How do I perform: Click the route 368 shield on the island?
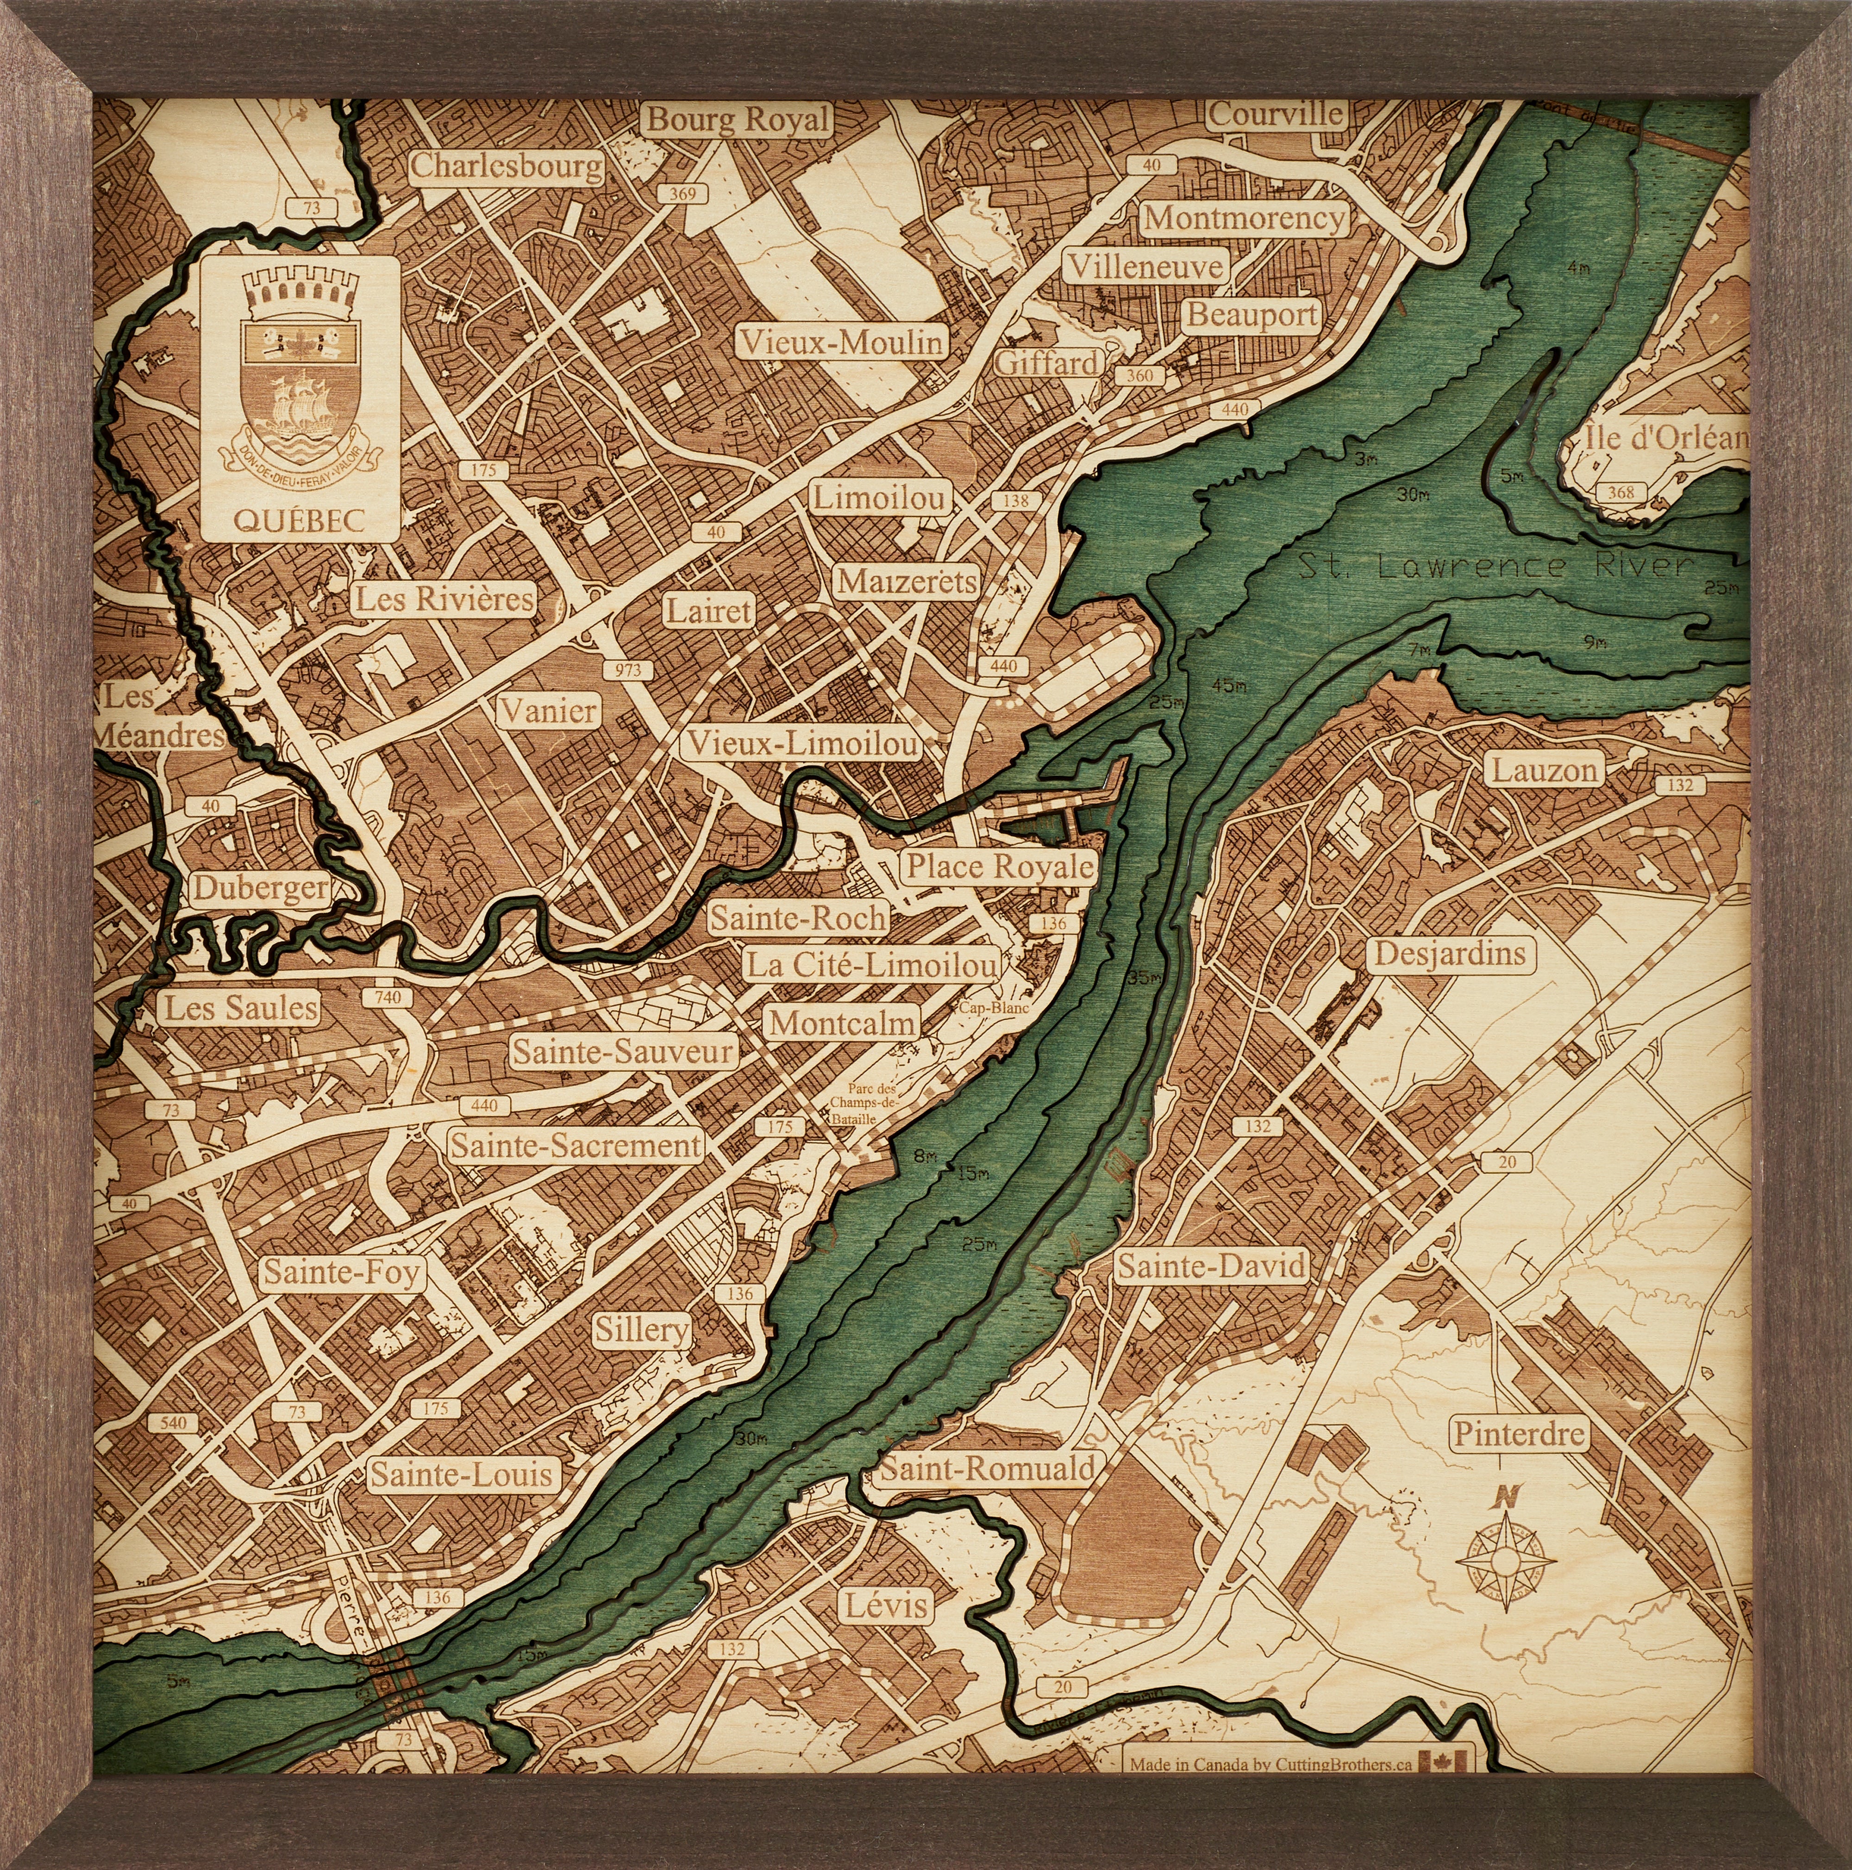(x=1620, y=492)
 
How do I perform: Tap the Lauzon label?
(x=1543, y=771)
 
